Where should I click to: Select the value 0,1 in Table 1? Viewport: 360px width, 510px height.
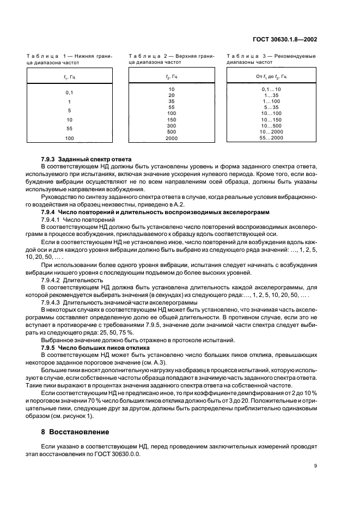[x=69, y=93]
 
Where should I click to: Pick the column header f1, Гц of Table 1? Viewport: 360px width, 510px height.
[x=69, y=77]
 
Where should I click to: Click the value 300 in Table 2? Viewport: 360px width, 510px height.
[x=172, y=125]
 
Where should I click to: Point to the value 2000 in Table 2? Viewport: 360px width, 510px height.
[x=172, y=138]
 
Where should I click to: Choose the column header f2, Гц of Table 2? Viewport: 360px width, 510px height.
[x=172, y=77]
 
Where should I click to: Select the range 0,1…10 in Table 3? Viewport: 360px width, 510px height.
[x=271, y=89]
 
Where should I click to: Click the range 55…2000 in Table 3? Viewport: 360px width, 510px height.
[x=271, y=138]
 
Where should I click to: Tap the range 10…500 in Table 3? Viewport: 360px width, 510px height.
[x=271, y=125]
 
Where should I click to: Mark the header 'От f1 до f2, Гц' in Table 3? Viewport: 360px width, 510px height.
[x=271, y=77]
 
